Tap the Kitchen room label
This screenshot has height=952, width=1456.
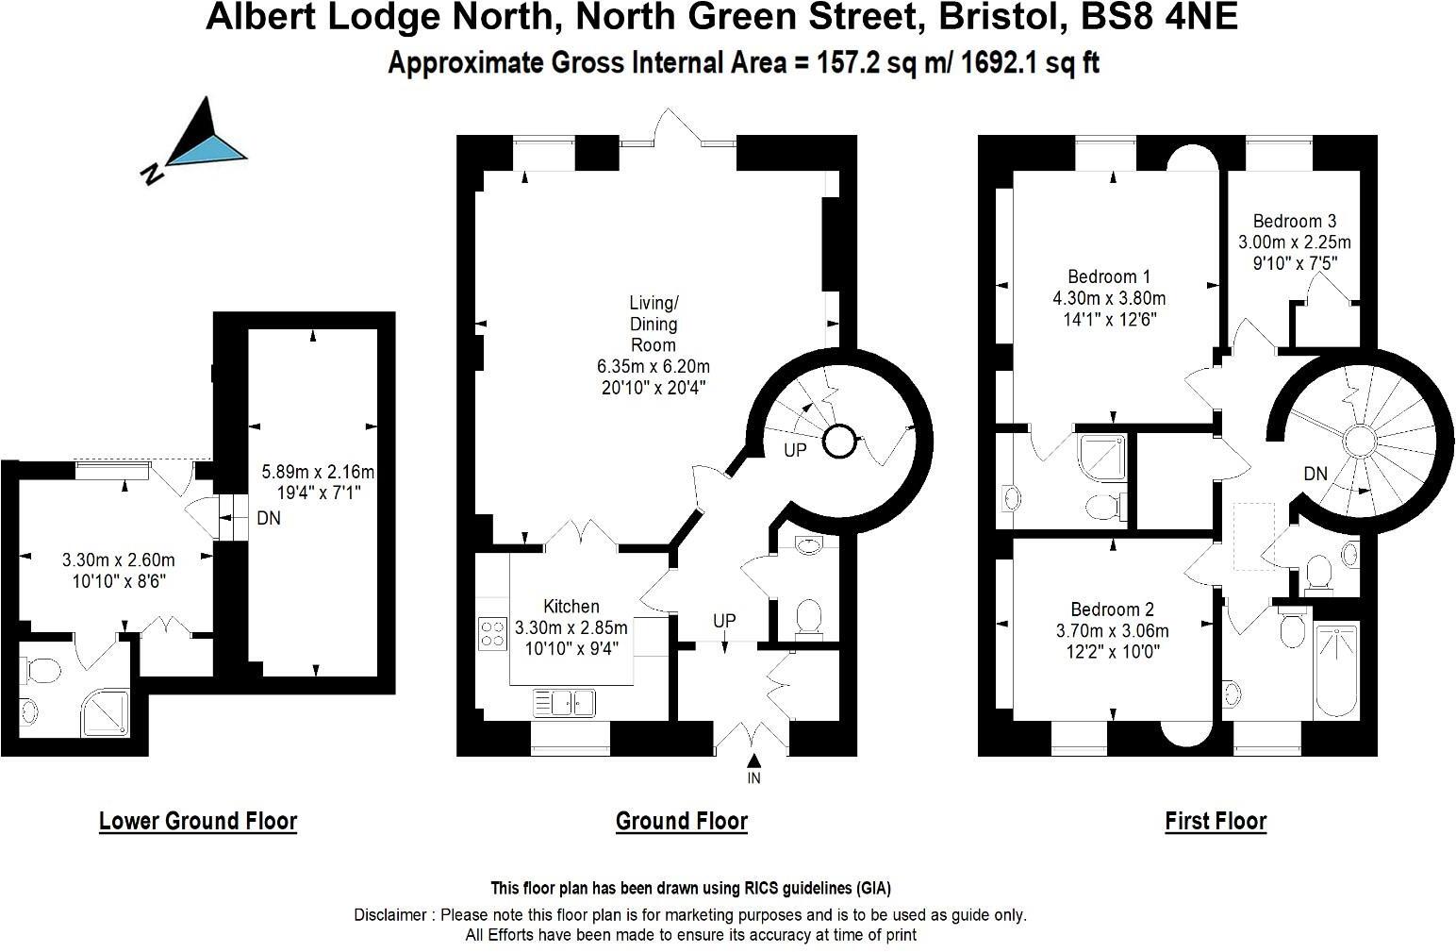click(571, 607)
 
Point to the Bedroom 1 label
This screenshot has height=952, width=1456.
click(1108, 276)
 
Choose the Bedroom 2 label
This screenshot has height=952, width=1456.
click(1112, 610)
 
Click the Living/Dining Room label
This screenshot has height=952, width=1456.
click(654, 324)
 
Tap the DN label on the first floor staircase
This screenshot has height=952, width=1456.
click(1315, 474)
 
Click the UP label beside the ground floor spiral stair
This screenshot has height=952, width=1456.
click(795, 450)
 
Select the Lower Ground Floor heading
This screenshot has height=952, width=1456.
click(198, 821)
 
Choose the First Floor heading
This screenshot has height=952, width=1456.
click(1216, 821)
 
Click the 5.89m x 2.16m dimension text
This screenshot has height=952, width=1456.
click(312, 472)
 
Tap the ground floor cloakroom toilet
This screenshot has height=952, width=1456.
click(809, 617)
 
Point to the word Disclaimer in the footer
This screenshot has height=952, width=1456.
click(393, 914)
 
